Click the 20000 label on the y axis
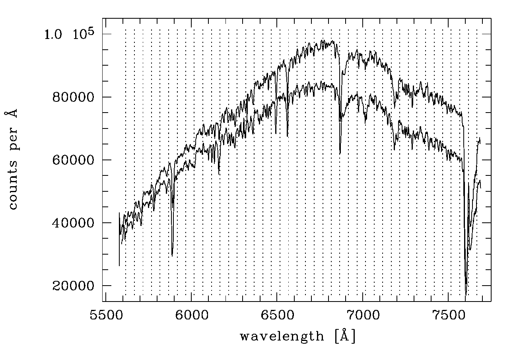73,286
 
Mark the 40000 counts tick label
73,223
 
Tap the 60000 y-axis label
73,160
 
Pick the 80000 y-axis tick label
73,97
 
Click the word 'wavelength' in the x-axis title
282,337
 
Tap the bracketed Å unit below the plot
345,336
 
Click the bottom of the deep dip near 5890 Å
172,256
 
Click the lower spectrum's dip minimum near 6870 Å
340,154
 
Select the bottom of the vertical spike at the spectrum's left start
119,266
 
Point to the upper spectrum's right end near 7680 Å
480,143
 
